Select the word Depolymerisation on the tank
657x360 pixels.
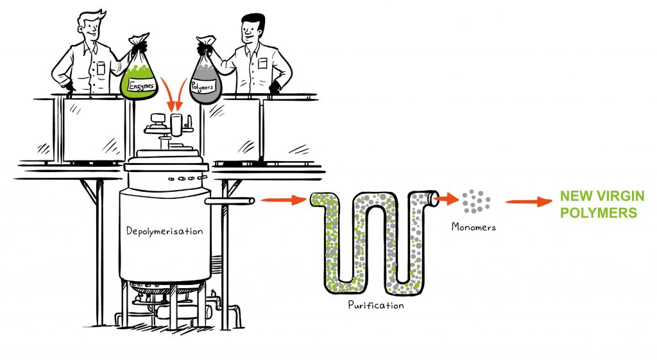pyautogui.click(x=165, y=231)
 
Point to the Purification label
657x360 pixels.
pyautogui.click(x=376, y=305)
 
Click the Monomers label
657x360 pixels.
pyautogui.click(x=474, y=227)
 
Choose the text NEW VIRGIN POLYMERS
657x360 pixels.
pyautogui.click(x=598, y=204)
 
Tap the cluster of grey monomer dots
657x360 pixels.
pyautogui.click(x=475, y=201)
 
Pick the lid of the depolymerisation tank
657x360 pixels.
pyautogui.click(x=165, y=160)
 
